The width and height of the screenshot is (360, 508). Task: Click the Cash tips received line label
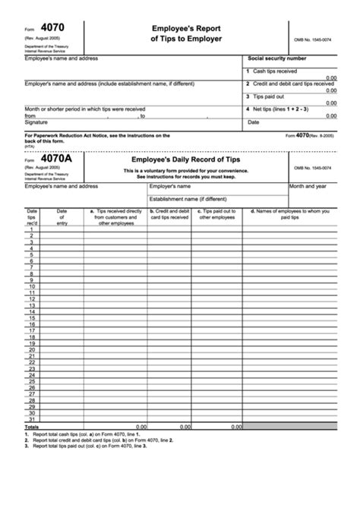click(x=275, y=71)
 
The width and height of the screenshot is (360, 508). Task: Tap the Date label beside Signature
click(x=253, y=121)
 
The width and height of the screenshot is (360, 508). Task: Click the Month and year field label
click(x=308, y=185)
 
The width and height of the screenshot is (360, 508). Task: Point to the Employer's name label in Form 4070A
click(x=169, y=185)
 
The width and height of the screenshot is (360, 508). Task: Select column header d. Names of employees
click(x=292, y=214)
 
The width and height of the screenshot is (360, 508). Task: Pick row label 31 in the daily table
click(x=32, y=420)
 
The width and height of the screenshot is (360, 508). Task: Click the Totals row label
click(x=32, y=427)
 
